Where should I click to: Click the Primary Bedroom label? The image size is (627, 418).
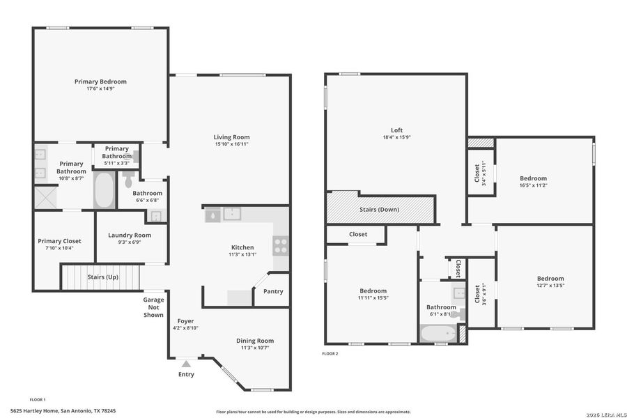tap(100, 82)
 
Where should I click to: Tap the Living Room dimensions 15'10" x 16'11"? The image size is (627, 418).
tap(231, 144)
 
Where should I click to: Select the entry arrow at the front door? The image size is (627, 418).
tap(186, 363)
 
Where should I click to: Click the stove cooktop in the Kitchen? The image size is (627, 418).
tap(281, 245)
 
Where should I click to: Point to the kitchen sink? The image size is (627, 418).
tap(231, 215)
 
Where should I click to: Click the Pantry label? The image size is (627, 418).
tap(273, 291)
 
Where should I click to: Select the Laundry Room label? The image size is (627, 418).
tap(129, 235)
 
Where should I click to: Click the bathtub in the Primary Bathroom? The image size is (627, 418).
tap(104, 190)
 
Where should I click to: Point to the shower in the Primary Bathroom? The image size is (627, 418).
tap(47, 197)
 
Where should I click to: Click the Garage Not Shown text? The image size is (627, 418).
tap(153, 307)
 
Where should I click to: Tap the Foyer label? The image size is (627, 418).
tap(185, 321)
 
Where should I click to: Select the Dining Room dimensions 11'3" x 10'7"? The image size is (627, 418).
tap(257, 348)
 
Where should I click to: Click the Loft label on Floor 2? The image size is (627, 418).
tap(396, 130)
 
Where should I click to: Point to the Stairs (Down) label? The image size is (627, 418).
tap(379, 209)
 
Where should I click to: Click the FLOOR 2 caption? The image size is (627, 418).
tap(330, 354)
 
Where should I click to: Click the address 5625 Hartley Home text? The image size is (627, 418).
tap(63, 411)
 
